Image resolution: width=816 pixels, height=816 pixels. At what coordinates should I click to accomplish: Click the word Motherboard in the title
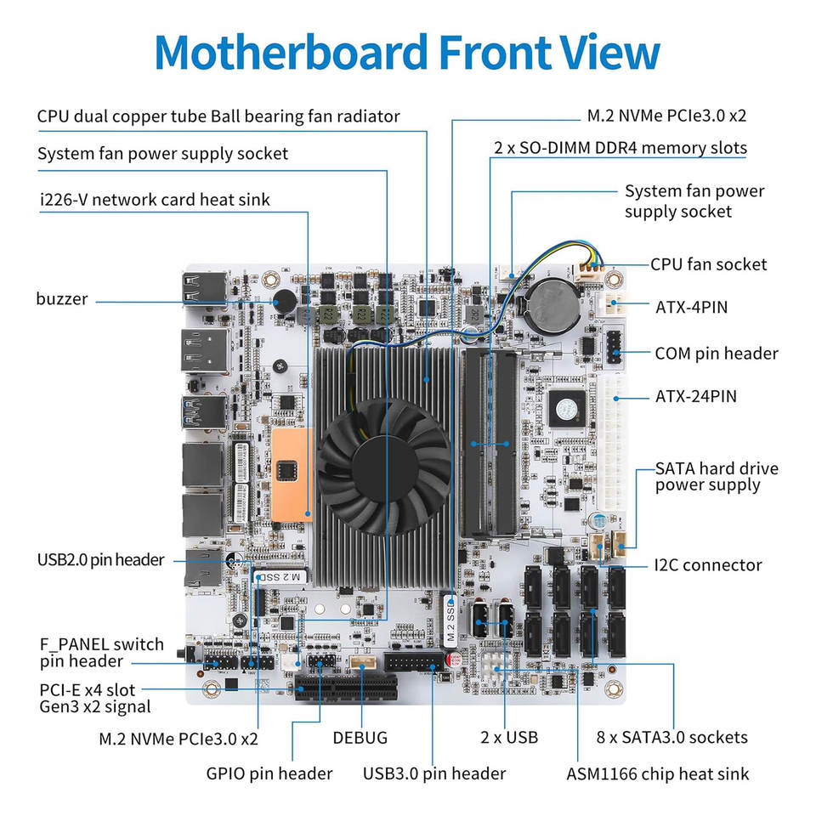292,52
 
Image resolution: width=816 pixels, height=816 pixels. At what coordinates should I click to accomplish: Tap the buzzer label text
62,298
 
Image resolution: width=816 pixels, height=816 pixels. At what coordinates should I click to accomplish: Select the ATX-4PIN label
691,307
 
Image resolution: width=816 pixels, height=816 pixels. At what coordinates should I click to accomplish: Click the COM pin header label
716,354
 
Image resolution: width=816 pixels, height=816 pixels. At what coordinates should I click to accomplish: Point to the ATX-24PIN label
696,397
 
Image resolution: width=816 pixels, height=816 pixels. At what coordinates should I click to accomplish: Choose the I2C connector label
708,565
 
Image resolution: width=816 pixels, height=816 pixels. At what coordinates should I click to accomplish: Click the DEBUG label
360,738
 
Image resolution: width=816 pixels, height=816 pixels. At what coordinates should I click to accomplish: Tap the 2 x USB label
509,738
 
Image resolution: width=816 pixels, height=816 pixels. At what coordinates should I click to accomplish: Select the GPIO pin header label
269,773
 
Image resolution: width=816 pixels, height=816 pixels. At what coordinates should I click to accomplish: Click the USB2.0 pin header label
100,560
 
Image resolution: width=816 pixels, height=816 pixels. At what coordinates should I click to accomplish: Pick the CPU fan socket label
708,264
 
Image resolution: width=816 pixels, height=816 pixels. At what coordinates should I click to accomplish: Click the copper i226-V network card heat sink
292,474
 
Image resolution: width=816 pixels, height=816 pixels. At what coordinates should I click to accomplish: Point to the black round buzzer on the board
285,302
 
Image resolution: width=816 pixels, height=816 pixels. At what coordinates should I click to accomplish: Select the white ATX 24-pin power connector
614,442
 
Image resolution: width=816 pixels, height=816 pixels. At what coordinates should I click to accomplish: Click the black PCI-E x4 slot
346,687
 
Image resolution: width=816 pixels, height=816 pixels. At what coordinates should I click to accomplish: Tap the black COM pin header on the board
614,347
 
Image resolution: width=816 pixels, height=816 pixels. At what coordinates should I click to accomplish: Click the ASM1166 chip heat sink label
658,774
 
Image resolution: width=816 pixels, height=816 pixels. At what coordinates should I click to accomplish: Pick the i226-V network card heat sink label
155,199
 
